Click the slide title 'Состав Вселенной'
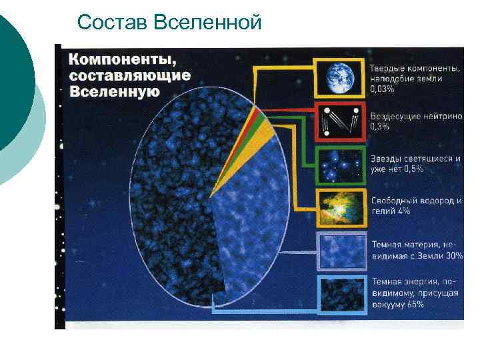[169, 23]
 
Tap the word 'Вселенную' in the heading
[114, 91]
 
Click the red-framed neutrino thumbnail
[341, 121]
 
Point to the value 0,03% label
[382, 88]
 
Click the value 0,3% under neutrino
[380, 127]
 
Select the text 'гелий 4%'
[390, 211]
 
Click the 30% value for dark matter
[453, 255]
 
